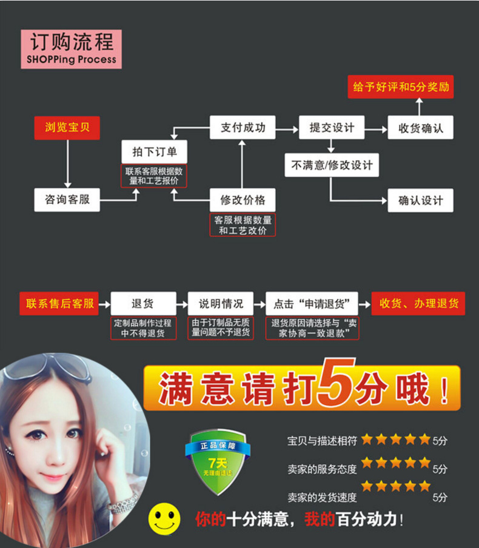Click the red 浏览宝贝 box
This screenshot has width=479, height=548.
tap(67, 128)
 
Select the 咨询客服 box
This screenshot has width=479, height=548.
tap(67, 199)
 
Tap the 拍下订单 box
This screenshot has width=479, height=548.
tap(154, 152)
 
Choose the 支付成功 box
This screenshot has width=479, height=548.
tap(242, 128)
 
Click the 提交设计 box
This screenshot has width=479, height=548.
tap(332, 128)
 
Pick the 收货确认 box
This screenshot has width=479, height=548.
tap(420, 128)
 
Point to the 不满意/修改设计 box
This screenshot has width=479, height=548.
tap(332, 164)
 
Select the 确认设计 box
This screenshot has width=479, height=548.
tap(420, 200)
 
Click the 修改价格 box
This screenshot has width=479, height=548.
tap(242, 199)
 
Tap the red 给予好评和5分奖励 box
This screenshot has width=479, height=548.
tap(401, 87)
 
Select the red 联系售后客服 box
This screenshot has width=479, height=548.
tap(61, 303)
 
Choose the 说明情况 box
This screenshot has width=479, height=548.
tap(221, 303)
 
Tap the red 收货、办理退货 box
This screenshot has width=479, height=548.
tap(418, 303)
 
